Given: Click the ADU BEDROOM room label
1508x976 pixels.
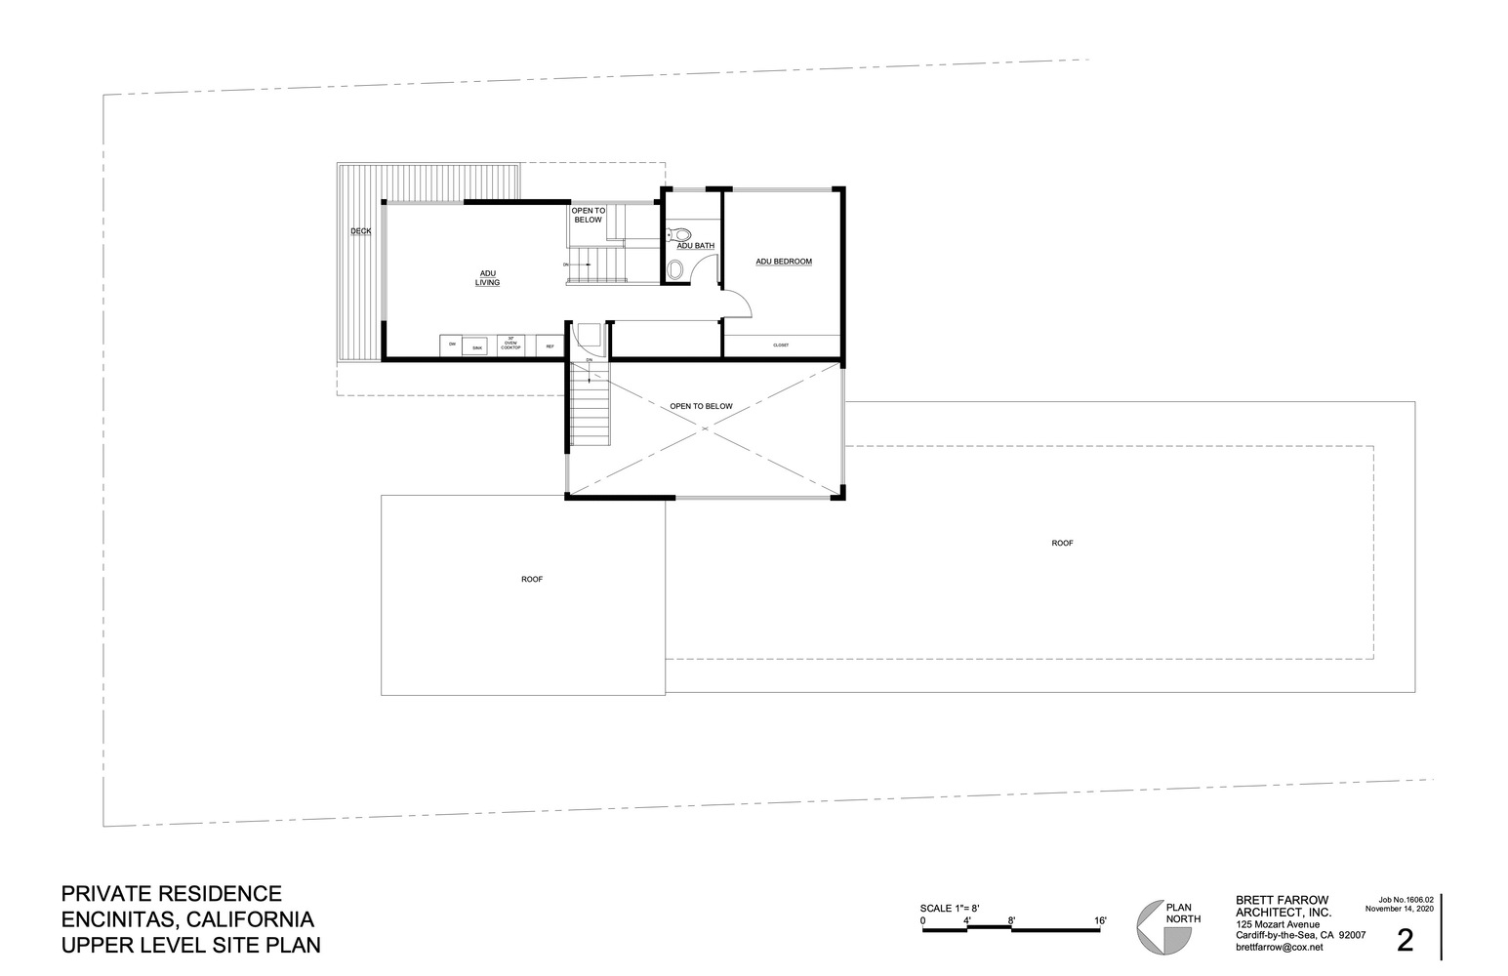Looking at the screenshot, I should (784, 262).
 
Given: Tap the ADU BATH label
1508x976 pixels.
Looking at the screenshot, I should (696, 246).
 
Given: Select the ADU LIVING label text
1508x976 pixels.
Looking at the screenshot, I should (487, 277).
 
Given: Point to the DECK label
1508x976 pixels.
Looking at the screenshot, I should (361, 231).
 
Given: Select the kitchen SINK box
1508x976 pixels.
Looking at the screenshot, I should (475, 346).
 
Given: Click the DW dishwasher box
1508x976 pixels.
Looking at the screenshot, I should (452, 346).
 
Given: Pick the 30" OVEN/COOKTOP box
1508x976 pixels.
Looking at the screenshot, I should (511, 345).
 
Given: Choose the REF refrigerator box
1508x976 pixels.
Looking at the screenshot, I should (550, 346).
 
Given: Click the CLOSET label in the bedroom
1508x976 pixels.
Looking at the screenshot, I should (781, 346).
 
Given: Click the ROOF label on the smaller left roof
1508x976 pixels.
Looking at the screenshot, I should (531, 579).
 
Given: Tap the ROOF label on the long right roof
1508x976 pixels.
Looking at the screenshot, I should (1062, 543).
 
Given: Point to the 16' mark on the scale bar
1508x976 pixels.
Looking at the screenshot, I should (1100, 920).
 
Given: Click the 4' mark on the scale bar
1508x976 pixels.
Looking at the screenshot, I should (966, 920).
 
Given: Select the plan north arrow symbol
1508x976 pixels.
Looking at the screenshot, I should (1162, 927).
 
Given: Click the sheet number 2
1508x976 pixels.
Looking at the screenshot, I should (1406, 940).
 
